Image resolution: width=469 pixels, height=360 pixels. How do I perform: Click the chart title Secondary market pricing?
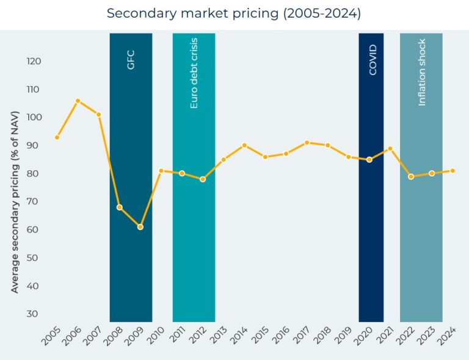click(234, 13)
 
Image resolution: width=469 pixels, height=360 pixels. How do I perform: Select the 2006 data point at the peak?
click(78, 101)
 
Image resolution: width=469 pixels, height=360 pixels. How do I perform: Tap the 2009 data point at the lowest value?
click(140, 227)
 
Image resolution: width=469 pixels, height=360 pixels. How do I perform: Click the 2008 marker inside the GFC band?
click(120, 207)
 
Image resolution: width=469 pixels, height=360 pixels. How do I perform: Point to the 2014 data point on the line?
click(244, 145)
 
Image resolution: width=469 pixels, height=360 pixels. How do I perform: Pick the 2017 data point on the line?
click(307, 143)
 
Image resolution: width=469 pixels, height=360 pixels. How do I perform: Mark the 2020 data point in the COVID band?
click(369, 160)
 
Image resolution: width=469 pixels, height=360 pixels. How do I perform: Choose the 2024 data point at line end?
click(453, 170)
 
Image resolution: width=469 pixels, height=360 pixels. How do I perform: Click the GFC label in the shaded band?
click(131, 59)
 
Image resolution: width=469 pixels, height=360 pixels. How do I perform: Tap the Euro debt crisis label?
click(194, 74)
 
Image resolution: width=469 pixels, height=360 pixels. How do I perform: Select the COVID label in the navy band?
click(373, 60)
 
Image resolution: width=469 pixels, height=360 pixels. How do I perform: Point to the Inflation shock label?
click(421, 73)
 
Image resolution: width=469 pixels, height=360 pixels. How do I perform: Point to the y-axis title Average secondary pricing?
click(15, 202)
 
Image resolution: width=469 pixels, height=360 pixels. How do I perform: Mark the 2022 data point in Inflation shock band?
click(411, 176)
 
